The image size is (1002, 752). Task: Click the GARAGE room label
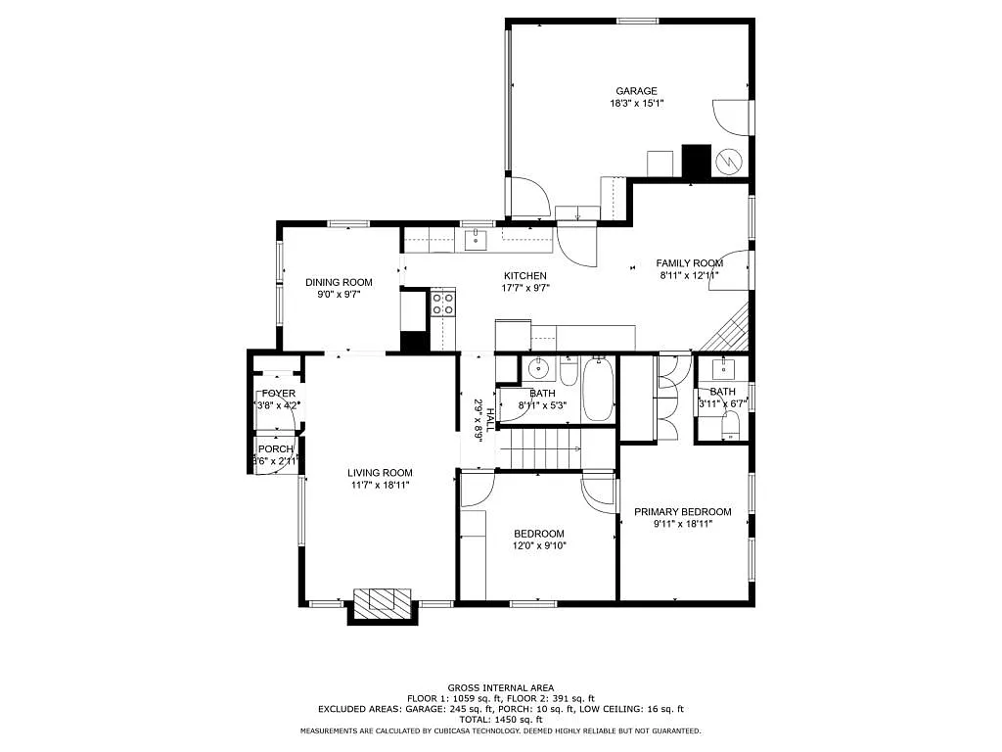click(636, 91)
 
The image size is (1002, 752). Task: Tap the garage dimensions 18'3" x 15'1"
click(636, 103)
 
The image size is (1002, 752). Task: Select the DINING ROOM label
click(339, 282)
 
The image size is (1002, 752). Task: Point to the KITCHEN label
click(525, 276)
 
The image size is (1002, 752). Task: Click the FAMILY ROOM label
click(689, 263)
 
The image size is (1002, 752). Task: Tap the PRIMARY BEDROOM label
click(682, 512)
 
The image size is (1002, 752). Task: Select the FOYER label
click(277, 394)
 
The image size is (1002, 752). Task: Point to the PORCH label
click(275, 448)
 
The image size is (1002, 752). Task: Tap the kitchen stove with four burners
click(442, 304)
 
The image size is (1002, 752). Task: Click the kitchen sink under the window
click(477, 238)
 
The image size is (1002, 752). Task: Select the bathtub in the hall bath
click(598, 391)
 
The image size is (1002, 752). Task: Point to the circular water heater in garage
click(731, 160)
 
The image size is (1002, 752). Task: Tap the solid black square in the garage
click(695, 161)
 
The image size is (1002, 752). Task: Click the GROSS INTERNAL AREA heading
click(501, 687)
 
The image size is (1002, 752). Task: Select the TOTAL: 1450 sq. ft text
click(501, 719)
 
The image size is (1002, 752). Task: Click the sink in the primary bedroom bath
click(725, 368)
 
